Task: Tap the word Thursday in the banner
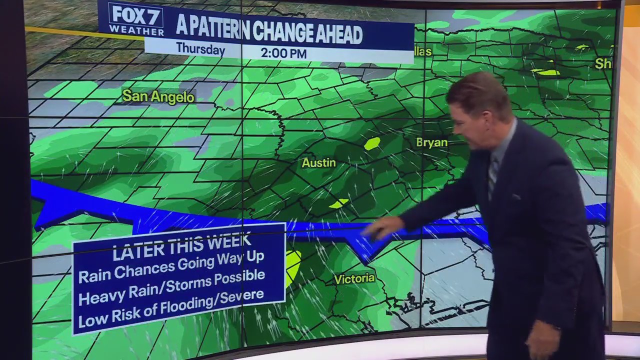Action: (200, 49)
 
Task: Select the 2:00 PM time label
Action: (283, 53)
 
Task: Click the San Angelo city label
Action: (158, 96)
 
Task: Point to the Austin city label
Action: (318, 163)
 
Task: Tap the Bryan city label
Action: (431, 142)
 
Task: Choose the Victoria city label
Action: (354, 278)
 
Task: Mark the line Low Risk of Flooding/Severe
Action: (171, 306)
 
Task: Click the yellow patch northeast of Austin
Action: (371, 143)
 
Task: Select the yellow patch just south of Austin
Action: (339, 203)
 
